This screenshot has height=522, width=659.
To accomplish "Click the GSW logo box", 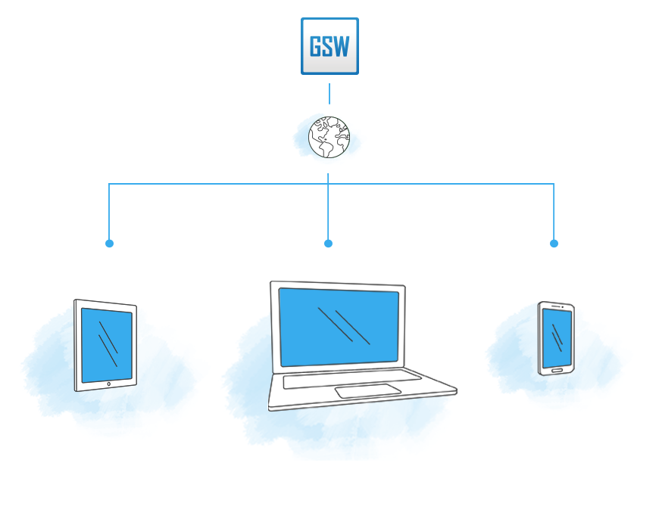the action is (329, 46).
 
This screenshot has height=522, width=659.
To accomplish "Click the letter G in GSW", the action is (316, 47).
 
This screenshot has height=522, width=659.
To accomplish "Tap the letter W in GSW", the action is (342, 47).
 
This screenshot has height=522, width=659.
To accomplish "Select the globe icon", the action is (329, 137).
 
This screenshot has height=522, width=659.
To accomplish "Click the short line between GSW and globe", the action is (329, 94).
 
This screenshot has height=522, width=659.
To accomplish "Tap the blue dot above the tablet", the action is (109, 244).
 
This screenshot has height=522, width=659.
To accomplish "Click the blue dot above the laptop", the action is (328, 244).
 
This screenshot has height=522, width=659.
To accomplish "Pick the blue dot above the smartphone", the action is (554, 244).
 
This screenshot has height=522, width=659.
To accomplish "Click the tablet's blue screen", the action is (107, 345).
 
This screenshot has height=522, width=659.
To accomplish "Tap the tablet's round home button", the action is (109, 384).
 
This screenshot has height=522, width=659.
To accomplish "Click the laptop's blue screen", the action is (339, 327).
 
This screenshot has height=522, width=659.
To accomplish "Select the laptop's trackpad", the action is (368, 390).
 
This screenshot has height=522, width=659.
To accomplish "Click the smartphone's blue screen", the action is (557, 338).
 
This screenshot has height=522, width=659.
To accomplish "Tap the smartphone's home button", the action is (557, 371).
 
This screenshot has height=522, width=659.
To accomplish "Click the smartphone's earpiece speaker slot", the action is (556, 306).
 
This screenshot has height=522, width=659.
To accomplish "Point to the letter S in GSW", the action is (329, 47).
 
